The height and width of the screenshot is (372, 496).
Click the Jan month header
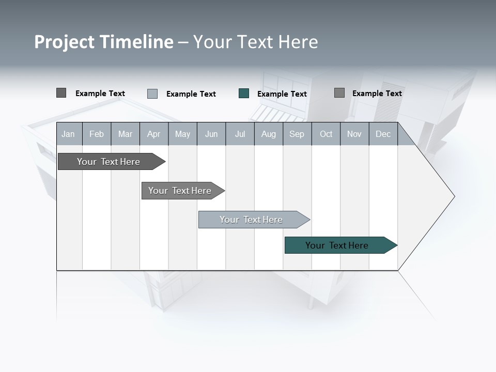click(68, 134)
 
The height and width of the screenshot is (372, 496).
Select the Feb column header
click(97, 134)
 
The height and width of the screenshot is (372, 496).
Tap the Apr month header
click(153, 134)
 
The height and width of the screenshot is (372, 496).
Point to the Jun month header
click(211, 134)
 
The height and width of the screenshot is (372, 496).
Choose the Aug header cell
click(268, 134)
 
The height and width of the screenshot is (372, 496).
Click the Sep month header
click(297, 134)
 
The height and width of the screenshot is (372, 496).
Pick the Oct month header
click(326, 134)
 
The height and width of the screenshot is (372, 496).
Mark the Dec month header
click(383, 134)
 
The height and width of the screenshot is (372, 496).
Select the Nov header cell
click(354, 134)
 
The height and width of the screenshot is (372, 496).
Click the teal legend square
click(244, 94)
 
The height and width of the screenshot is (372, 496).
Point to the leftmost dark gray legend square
click(61, 93)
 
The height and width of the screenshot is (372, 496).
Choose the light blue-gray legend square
click(152, 94)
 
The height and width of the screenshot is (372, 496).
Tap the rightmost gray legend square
click(339, 93)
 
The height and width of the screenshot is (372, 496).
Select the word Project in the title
click(65, 42)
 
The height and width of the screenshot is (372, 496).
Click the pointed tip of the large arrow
click(453, 196)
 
